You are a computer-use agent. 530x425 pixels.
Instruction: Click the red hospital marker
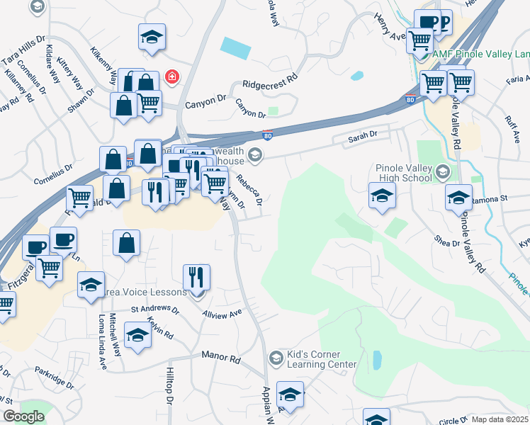171,76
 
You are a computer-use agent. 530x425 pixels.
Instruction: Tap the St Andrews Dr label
155,309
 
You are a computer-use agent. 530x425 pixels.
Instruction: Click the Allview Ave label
222,312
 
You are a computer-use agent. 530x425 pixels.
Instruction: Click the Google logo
23,416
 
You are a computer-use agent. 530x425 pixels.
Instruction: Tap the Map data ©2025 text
500,419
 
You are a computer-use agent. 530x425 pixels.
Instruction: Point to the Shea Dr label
449,242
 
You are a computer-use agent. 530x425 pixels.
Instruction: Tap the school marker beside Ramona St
458,198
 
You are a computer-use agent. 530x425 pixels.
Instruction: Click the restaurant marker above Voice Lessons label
197,278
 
